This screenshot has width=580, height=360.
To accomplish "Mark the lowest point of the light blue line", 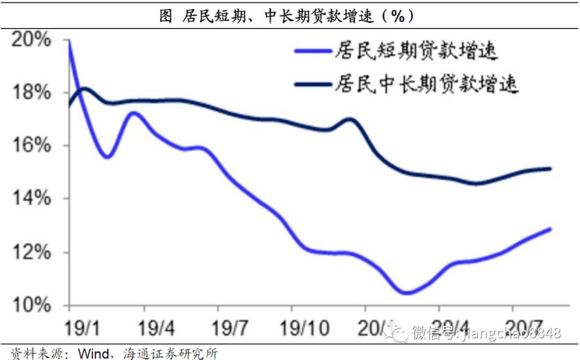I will pyautogui.click(x=407, y=293).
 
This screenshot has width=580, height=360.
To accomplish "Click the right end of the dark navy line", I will pyautogui.click(x=550, y=169).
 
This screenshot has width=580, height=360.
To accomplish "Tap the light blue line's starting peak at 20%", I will pyautogui.click(x=69, y=41).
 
